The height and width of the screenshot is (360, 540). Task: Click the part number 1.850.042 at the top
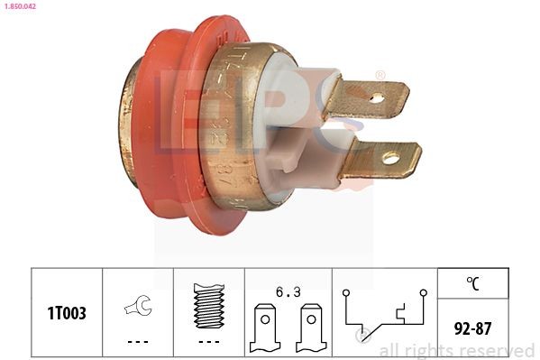pyautogui.click(x=21, y=6)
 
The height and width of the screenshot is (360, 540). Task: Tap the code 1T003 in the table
pyautogui.click(x=67, y=313)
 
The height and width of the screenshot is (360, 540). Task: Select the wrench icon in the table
pyautogui.click(x=138, y=307)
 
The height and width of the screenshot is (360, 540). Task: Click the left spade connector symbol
pyautogui.click(x=265, y=327)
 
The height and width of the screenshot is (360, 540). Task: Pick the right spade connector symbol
pyautogui.click(x=311, y=327)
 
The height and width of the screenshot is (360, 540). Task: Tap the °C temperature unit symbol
pyautogui.click(x=472, y=282)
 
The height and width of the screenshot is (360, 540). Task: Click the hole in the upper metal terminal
pyautogui.click(x=376, y=97)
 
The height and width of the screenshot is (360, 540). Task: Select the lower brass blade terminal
pyautogui.click(x=379, y=161)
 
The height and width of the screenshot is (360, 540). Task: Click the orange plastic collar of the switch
pyautogui.click(x=171, y=126)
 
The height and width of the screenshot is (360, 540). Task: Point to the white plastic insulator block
pyautogui.click(x=288, y=126)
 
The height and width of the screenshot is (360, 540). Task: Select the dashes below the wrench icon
pyautogui.click(x=138, y=342)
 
